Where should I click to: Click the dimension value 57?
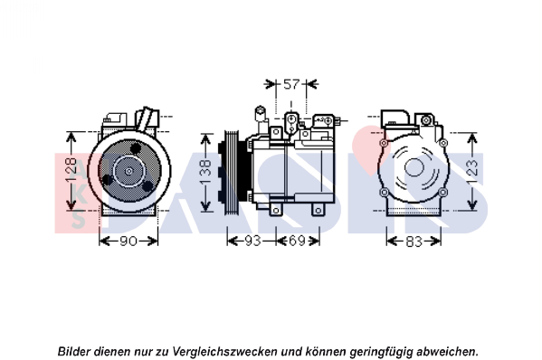[x=291, y=84]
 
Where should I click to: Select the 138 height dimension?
[x=205, y=172]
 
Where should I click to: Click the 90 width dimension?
[x=128, y=242]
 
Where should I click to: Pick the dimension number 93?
[x=252, y=241]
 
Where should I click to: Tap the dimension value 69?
[x=297, y=241]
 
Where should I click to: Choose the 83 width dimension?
[x=414, y=242]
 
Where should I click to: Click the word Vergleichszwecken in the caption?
[x=224, y=352]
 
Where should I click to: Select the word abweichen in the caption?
[x=446, y=352]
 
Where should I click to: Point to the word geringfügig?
[x=381, y=352]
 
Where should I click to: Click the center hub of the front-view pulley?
[x=128, y=171]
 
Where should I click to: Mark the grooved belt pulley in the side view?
[x=232, y=172]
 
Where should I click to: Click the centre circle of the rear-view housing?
[x=414, y=167]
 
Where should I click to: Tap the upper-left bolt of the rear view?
[x=383, y=143]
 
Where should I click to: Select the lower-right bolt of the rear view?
[x=442, y=192]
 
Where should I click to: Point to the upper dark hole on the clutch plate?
[x=136, y=148]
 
